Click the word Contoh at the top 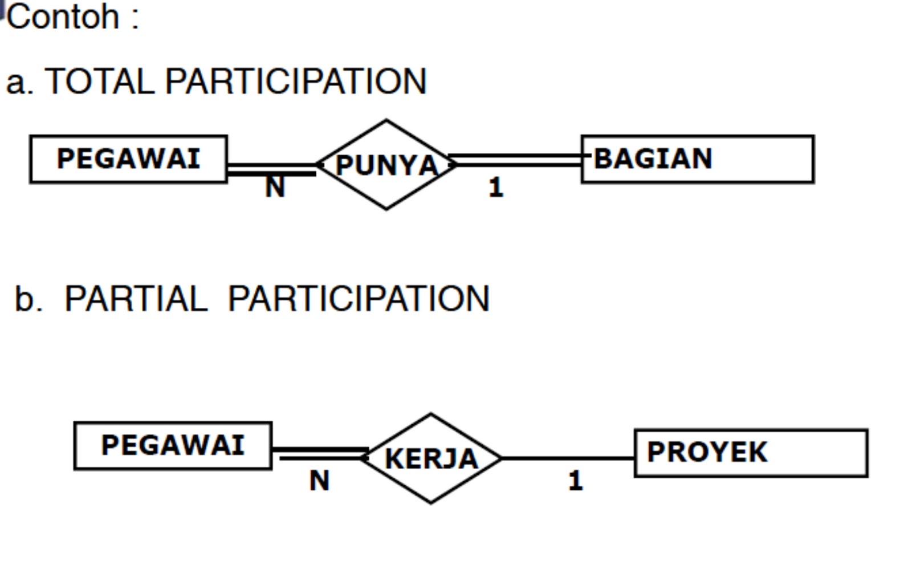pos(63,17)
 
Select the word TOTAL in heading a pos(100,82)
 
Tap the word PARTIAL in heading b pos(136,298)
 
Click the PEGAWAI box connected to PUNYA pos(128,159)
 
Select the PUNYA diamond pos(386,165)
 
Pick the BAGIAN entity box pos(697,159)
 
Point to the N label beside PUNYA pos(275,186)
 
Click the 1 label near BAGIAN pos(496,188)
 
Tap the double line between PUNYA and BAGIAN pos(516,160)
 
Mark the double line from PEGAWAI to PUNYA pos(271,169)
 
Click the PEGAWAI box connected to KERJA pos(173,446)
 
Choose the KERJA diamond pos(431,458)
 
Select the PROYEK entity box pos(751,453)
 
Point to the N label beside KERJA pos(319,481)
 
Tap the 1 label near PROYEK pos(576,481)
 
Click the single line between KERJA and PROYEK pos(567,458)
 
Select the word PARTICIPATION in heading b pos(359,298)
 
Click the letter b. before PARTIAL pos(28,298)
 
